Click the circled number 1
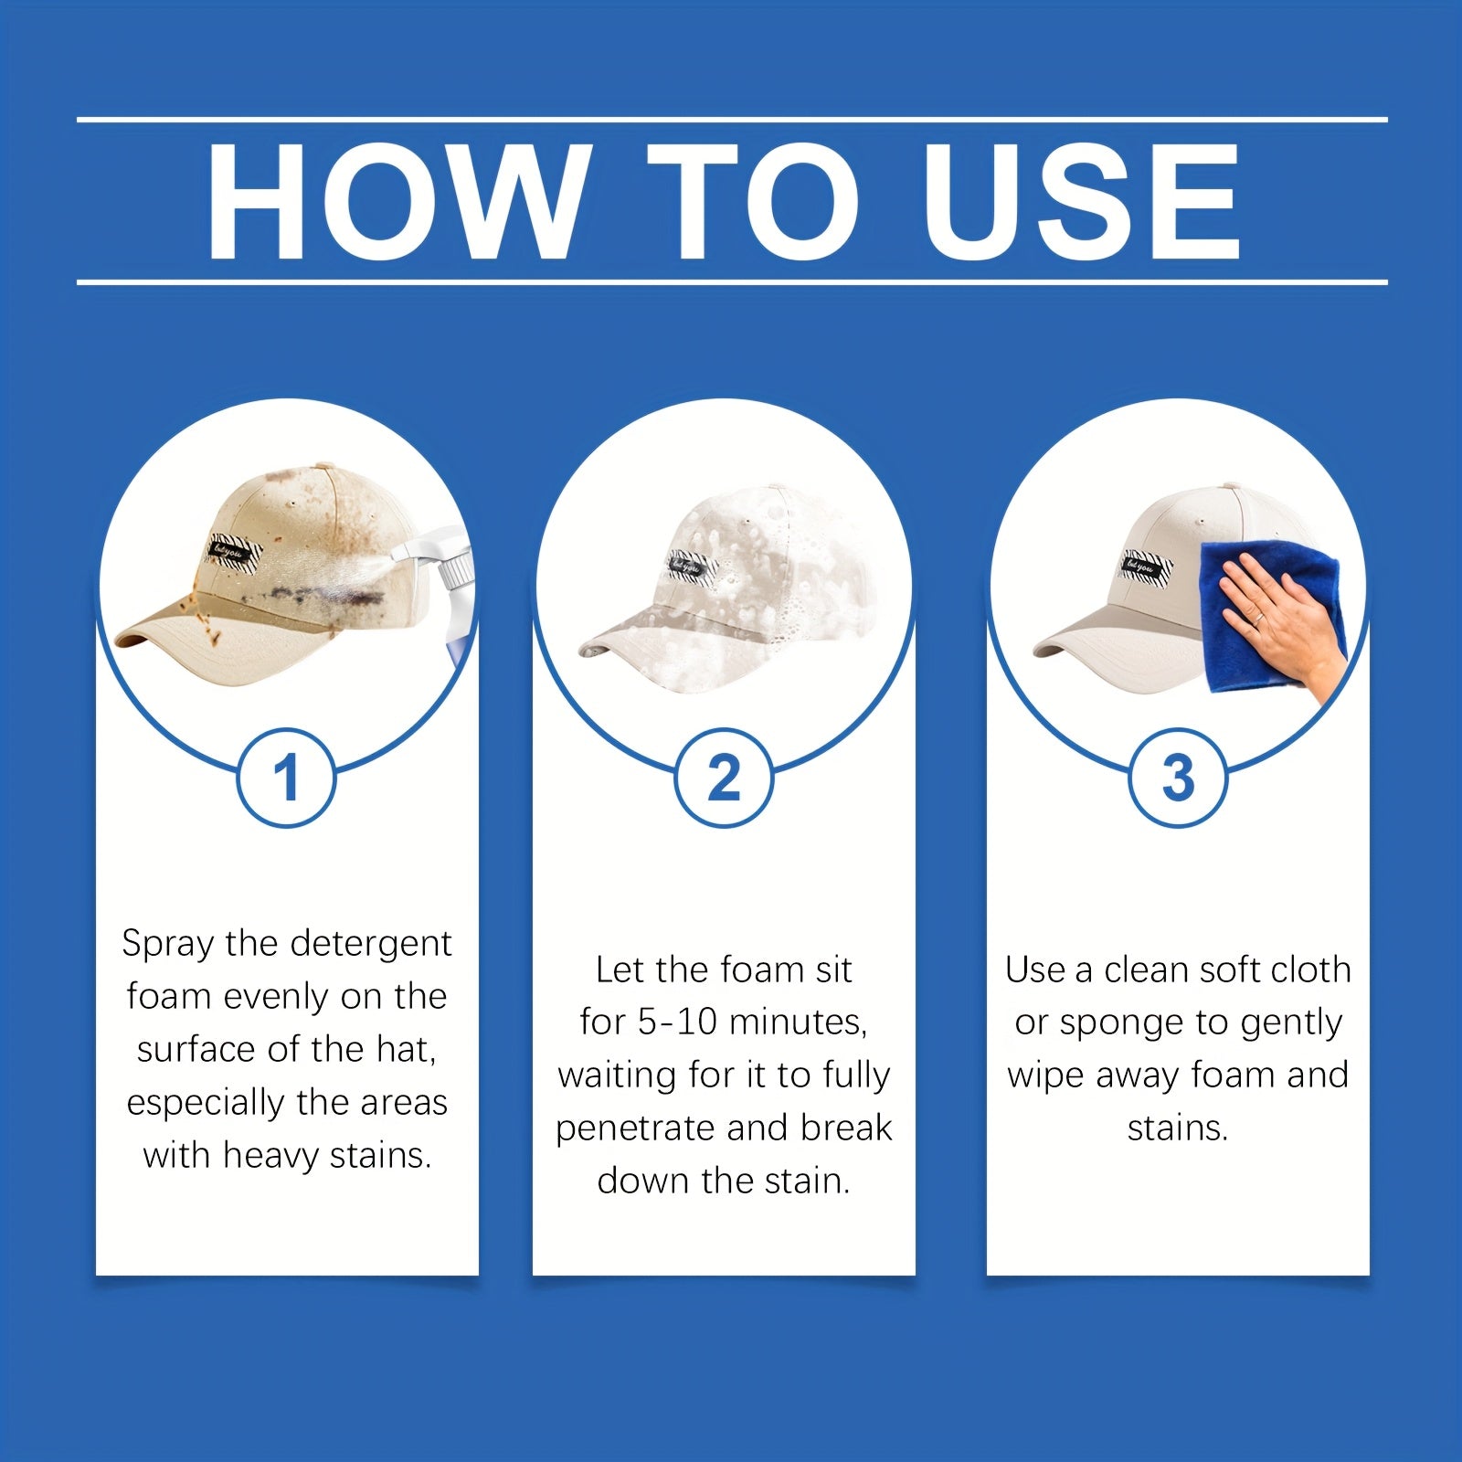coord(287,779)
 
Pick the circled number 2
coord(724,779)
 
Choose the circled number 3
coord(1178,779)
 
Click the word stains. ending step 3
coord(1177,1128)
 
